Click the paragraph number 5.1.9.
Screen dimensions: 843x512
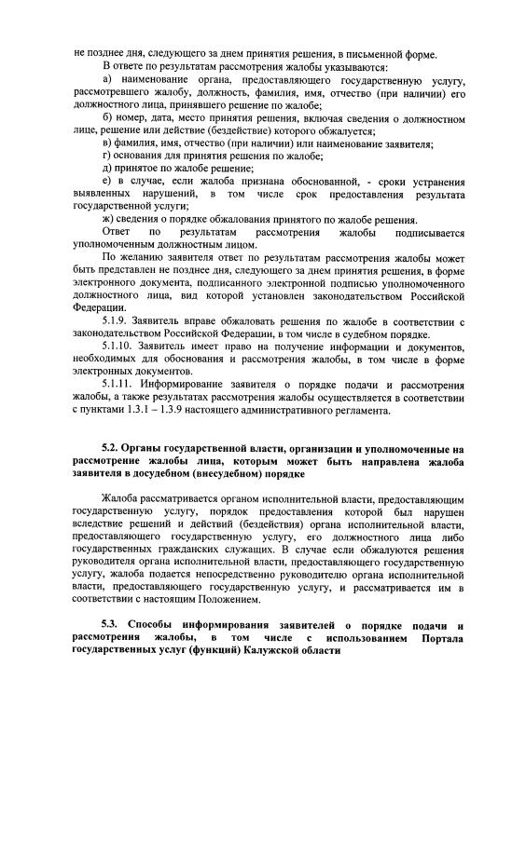click(x=117, y=320)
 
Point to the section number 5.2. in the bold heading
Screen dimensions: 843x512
click(x=113, y=450)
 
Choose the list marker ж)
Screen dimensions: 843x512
click(x=108, y=218)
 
